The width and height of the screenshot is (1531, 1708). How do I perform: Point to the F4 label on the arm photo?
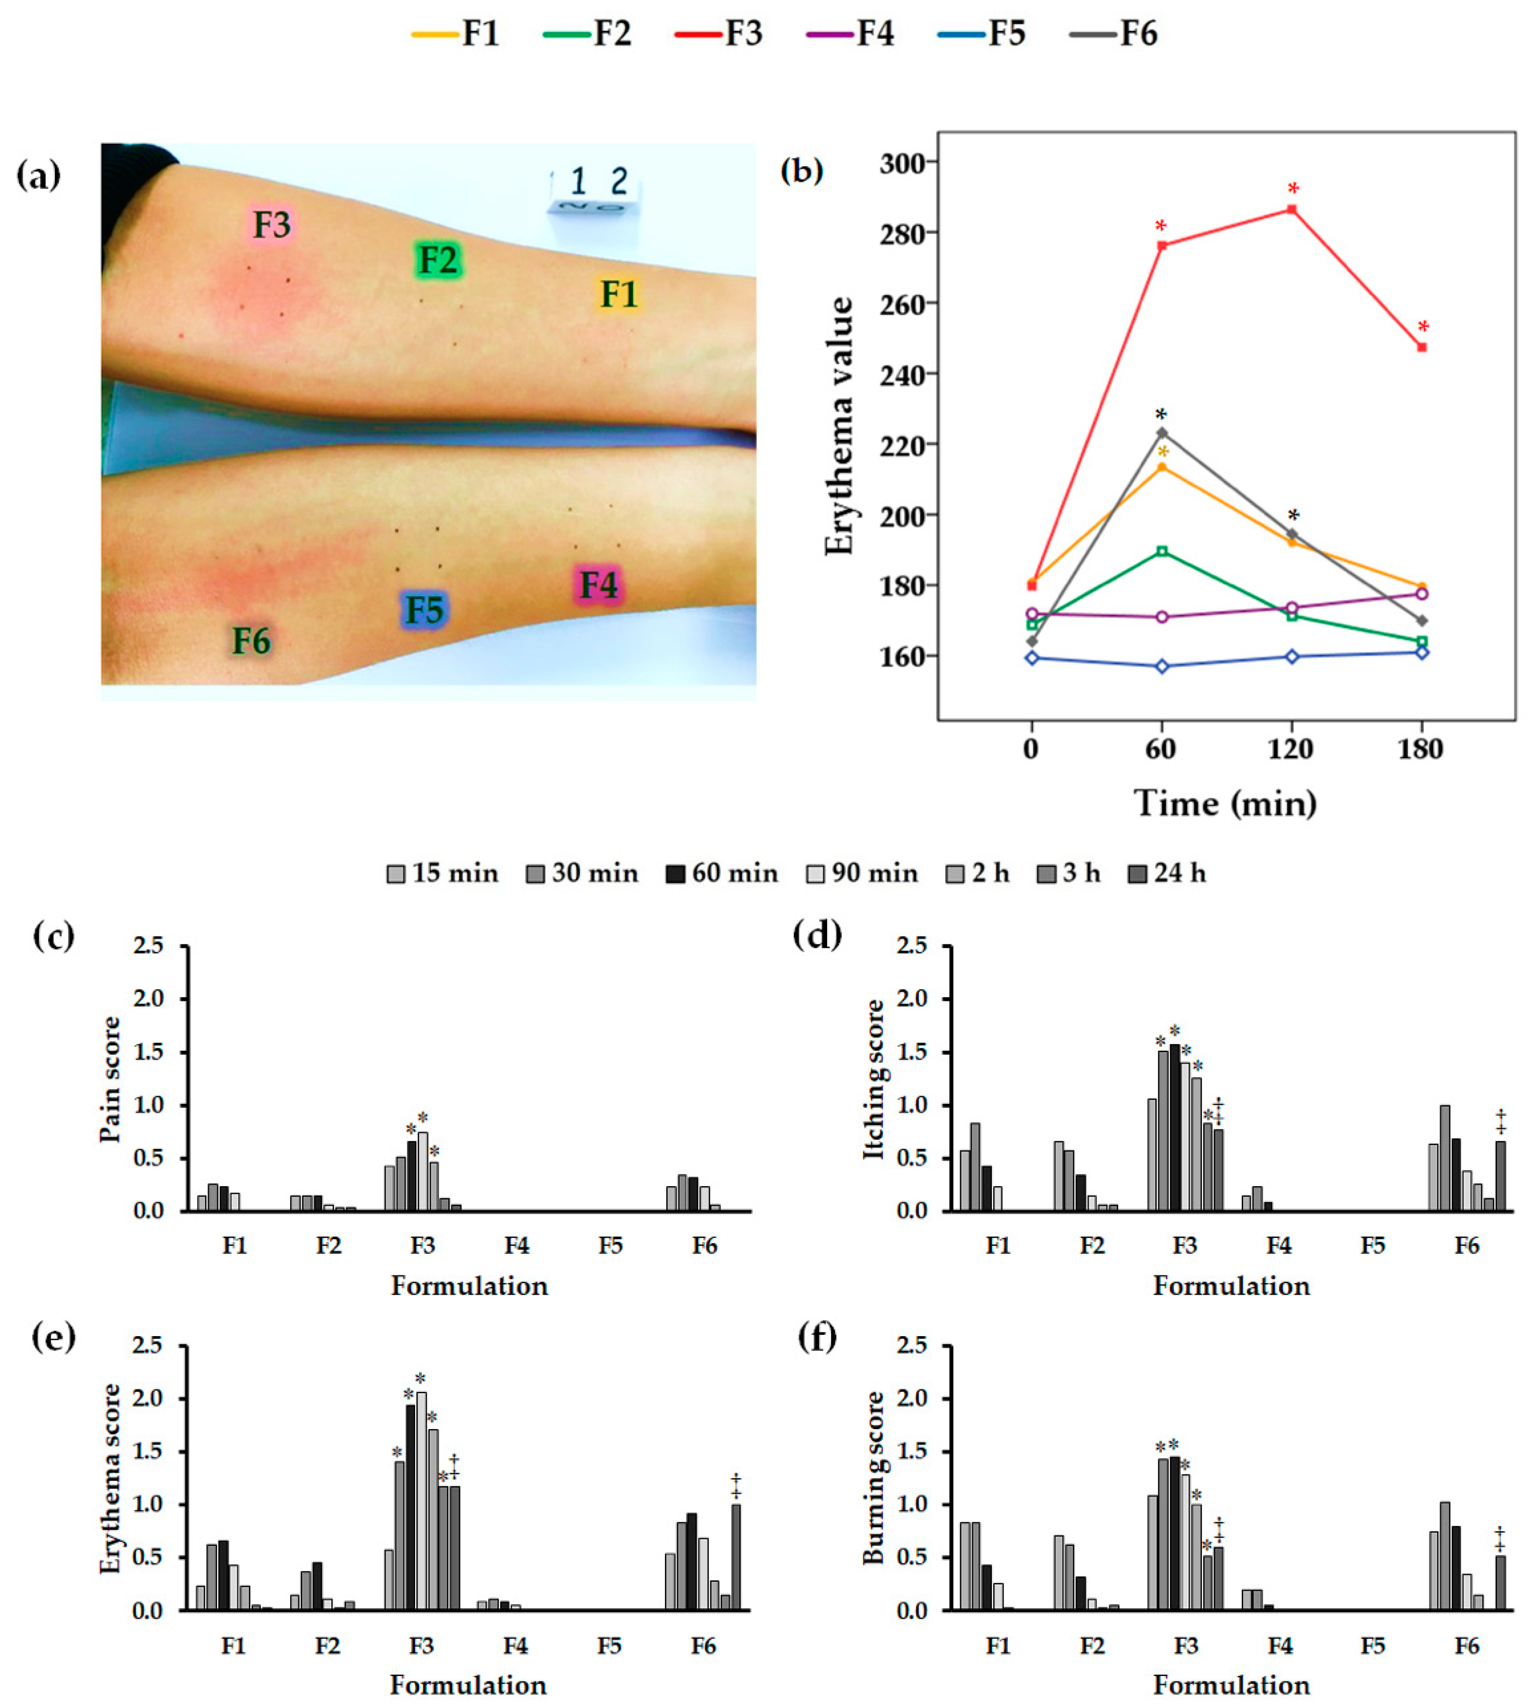point(598,585)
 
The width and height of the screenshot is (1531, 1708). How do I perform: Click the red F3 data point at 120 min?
point(1291,210)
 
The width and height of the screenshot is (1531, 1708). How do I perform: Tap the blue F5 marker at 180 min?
point(1422,652)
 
